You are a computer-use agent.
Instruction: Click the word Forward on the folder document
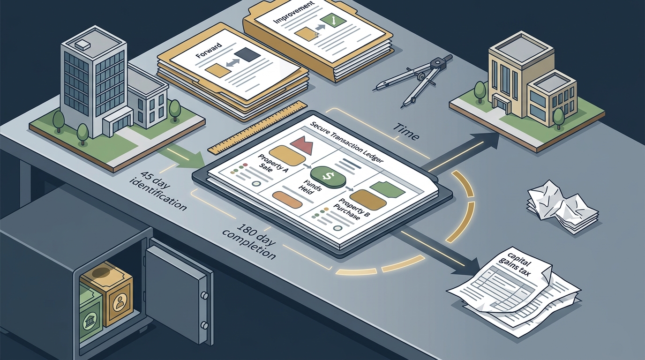click(209, 50)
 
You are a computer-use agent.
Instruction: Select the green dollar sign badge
click(328, 176)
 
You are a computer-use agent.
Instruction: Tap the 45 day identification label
click(158, 190)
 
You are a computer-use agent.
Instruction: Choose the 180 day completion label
click(249, 241)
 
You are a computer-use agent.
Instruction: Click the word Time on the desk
click(406, 131)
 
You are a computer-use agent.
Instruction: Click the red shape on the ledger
click(301, 144)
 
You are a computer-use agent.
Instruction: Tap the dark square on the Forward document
click(247, 53)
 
